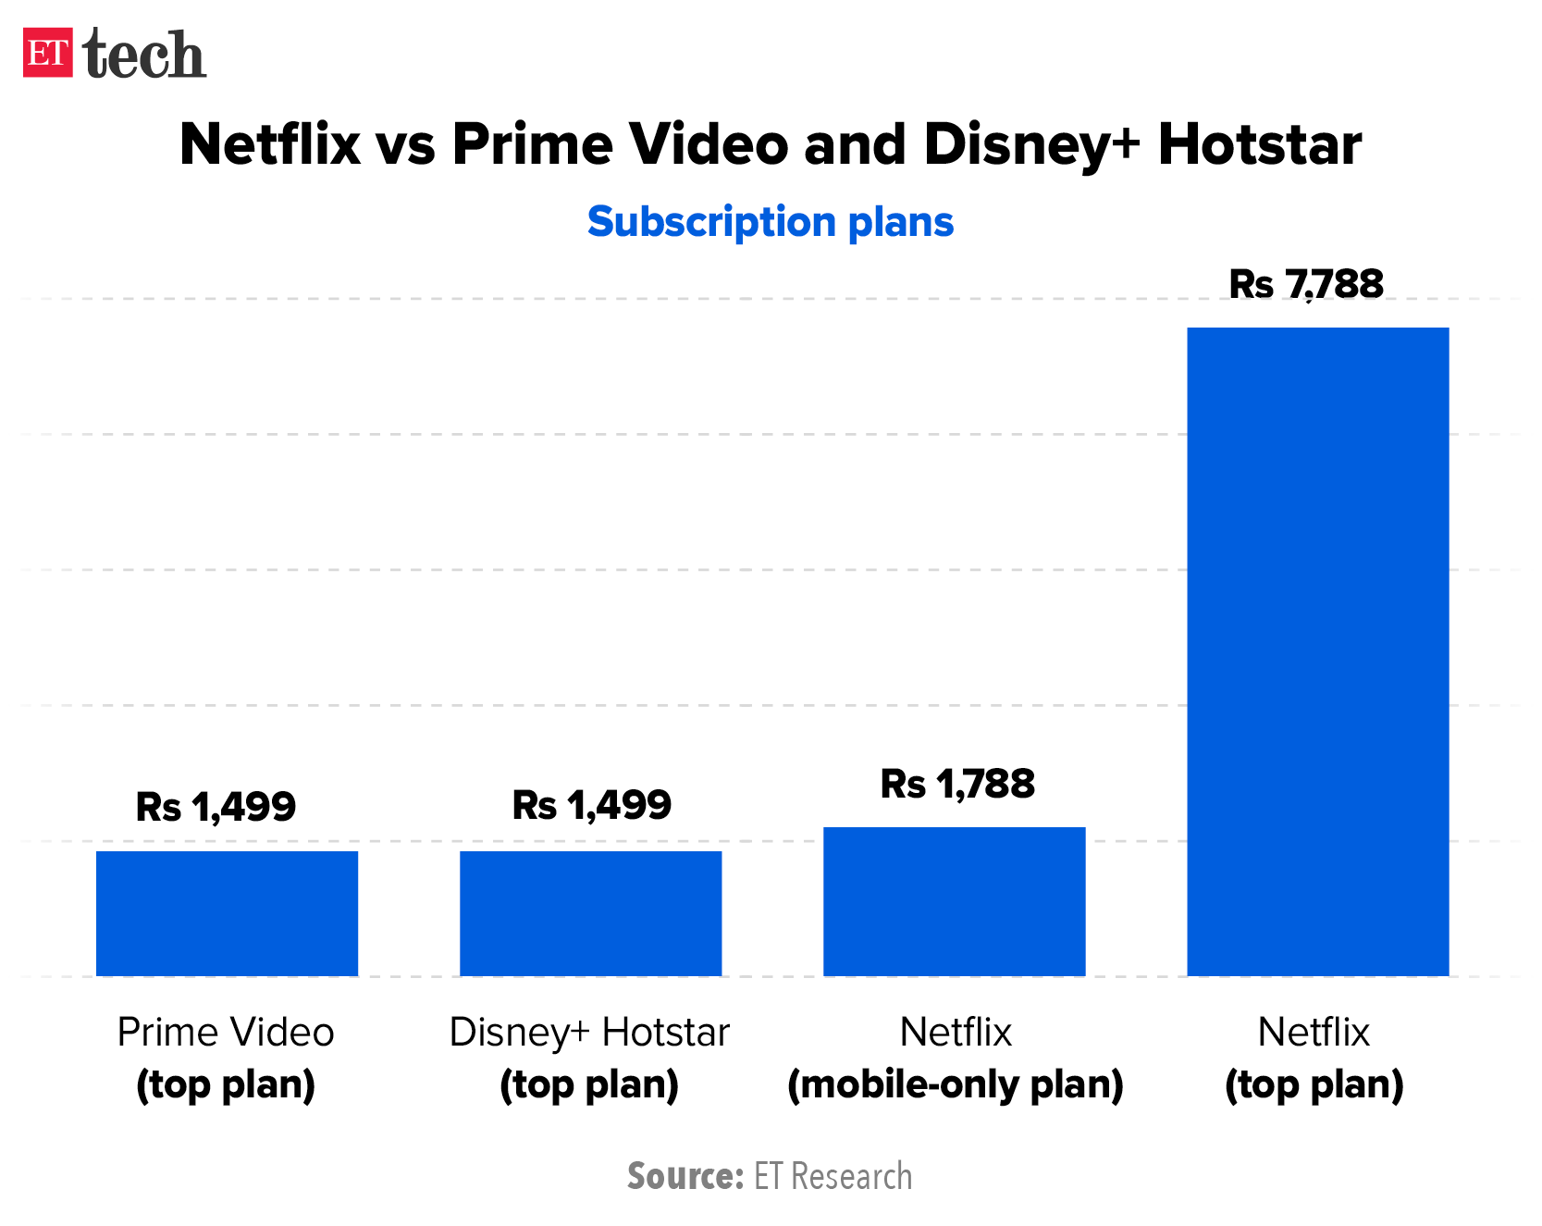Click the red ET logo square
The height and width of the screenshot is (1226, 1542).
click(x=48, y=54)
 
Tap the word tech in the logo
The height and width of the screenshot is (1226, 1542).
click(x=144, y=56)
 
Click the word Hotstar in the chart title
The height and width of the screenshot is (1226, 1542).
click(x=1259, y=144)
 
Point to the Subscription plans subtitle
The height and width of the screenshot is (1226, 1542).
click(x=771, y=222)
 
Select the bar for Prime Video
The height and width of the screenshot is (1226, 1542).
click(x=227, y=913)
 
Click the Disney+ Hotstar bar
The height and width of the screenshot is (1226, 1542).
click(x=590, y=913)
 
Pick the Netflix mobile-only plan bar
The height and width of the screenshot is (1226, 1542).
click(x=954, y=901)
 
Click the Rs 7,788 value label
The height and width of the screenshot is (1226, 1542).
click(x=1306, y=284)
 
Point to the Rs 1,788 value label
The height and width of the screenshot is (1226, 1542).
click(x=957, y=784)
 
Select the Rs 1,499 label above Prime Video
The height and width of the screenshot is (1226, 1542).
click(x=216, y=807)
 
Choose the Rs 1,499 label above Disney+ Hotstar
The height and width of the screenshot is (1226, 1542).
click(x=592, y=805)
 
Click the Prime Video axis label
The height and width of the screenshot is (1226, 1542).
click(x=226, y=1032)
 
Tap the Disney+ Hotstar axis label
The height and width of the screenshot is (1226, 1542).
click(x=589, y=1032)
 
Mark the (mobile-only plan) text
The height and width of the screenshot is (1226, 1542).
click(x=955, y=1084)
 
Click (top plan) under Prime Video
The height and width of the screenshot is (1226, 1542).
click(x=226, y=1084)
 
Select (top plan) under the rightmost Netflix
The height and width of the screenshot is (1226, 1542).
click(x=1314, y=1084)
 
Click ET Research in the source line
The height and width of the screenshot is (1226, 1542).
click(x=833, y=1176)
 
